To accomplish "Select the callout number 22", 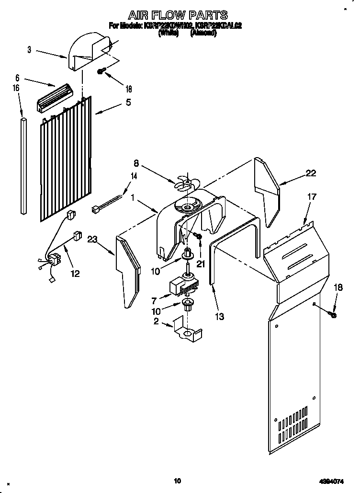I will pyautogui.click(x=311, y=173).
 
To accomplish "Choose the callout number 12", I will pyautogui.click(x=75, y=274).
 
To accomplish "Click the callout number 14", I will pyautogui.click(x=134, y=176).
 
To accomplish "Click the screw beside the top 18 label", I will pyautogui.click(x=101, y=71).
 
